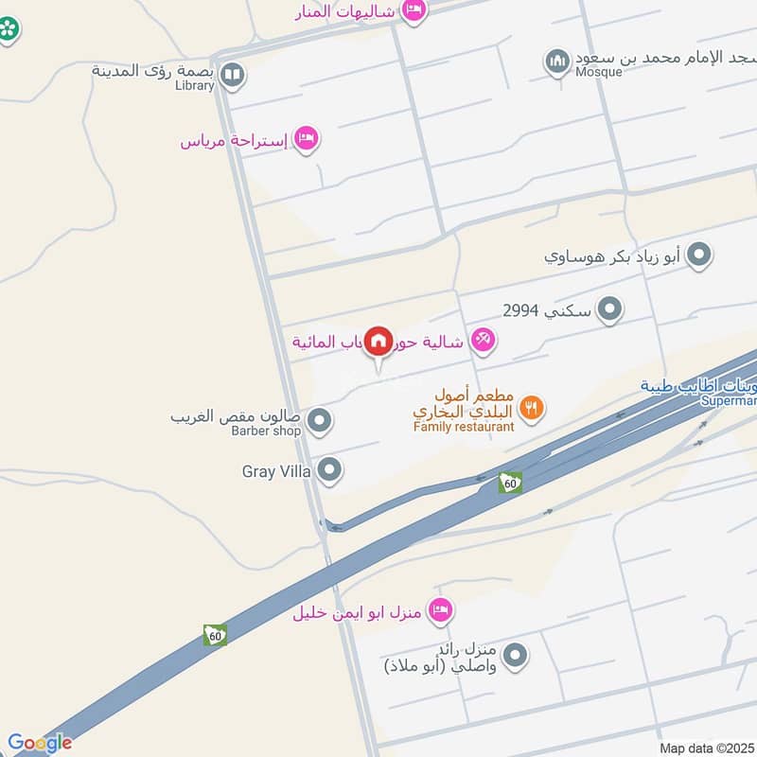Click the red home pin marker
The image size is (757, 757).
(378, 341)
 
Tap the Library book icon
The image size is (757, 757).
(232, 73)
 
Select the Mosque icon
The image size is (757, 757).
(557, 62)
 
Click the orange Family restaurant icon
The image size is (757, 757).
(532, 408)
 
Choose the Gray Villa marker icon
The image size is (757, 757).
(329, 468)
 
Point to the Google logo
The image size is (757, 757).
(40, 743)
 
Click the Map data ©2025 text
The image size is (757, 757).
(706, 748)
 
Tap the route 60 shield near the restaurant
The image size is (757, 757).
(510, 484)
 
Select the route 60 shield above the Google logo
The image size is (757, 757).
(215, 635)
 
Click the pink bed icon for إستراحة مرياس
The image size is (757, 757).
(306, 140)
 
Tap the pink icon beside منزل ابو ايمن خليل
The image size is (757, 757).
(440, 610)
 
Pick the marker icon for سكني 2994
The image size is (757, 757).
(611, 308)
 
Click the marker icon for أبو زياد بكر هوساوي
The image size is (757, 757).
(699, 255)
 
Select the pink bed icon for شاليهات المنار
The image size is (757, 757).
(414, 10)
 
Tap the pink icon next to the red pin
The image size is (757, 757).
(483, 340)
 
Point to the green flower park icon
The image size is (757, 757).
(9, 28)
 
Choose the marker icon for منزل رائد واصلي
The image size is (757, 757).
(516, 654)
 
